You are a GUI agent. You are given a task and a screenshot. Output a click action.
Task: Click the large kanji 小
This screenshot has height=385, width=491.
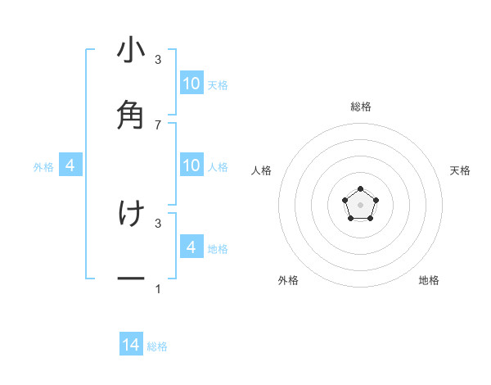(x=131, y=52)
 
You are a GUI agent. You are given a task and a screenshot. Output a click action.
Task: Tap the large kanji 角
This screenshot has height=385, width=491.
(x=131, y=115)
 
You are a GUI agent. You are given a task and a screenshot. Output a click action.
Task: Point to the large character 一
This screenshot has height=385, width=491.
(x=131, y=279)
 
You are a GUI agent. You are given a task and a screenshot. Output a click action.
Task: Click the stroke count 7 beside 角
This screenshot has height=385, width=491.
(x=158, y=125)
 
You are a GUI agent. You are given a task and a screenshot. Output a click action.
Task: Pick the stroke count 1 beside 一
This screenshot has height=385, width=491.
(x=158, y=289)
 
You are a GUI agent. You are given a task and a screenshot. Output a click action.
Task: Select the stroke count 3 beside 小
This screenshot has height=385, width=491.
(x=158, y=60)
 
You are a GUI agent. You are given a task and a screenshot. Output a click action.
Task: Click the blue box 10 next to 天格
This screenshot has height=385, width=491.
(x=191, y=83)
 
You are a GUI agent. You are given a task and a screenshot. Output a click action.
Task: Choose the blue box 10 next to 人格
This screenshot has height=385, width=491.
(x=191, y=165)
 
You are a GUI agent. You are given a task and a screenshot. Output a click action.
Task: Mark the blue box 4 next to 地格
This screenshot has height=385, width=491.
(x=191, y=247)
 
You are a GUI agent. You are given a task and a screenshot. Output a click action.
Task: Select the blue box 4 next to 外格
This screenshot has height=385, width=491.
(x=70, y=165)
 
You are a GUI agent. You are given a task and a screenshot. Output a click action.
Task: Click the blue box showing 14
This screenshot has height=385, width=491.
(x=131, y=345)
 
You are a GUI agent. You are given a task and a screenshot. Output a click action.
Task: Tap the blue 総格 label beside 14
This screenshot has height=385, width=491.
(x=157, y=346)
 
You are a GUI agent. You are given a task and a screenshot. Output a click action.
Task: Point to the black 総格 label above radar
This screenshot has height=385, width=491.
(x=361, y=106)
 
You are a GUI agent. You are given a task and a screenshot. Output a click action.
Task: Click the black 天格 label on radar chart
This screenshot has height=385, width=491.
(x=461, y=170)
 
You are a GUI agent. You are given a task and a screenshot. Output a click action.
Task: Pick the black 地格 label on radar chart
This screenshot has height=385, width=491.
(x=429, y=280)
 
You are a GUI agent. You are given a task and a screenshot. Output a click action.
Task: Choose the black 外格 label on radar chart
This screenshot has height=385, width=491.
(x=288, y=280)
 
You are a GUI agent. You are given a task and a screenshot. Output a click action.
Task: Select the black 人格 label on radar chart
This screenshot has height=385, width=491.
(x=262, y=170)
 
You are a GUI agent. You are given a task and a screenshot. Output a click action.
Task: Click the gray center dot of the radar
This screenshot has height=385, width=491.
(x=360, y=204)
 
